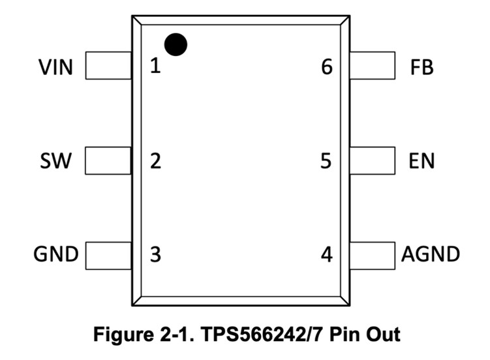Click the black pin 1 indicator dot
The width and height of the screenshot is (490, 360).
coord(176,44)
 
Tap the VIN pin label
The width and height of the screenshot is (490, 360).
coord(56,67)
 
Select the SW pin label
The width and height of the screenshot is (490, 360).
coord(56,160)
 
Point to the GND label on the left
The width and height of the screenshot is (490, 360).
coord(56,254)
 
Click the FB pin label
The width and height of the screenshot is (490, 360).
coord(421,67)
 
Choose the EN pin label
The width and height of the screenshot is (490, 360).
coord(421,160)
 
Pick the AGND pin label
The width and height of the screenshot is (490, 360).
coord(431,254)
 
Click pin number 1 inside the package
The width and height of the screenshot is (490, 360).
coord(155,66)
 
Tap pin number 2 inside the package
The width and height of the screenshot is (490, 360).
coord(155,160)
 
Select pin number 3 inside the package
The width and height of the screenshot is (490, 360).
coord(155,254)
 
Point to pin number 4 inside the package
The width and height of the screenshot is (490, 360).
coord(326,254)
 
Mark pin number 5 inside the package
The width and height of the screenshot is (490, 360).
coord(326,160)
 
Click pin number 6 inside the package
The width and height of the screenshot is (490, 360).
coord(326,66)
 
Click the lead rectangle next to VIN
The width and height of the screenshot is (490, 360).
coord(108,66)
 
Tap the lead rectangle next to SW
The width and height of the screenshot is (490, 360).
coord(108,160)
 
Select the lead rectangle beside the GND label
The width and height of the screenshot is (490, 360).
coord(108,254)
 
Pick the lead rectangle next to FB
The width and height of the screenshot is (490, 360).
coord(372,66)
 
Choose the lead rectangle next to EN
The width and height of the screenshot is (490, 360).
coord(372,160)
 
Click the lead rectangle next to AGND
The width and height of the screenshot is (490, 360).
coord(372,254)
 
